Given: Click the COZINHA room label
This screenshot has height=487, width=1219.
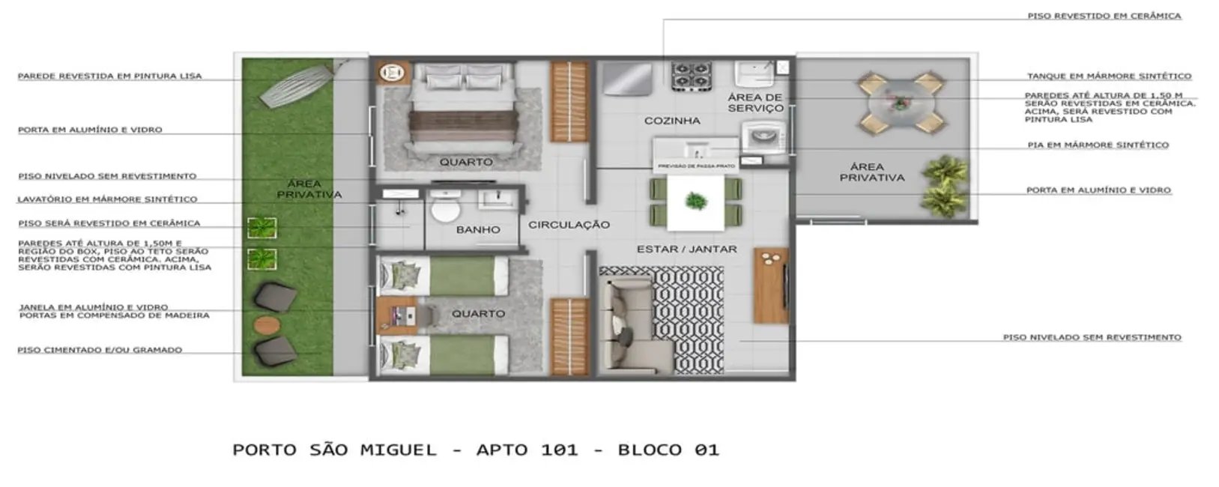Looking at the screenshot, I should point(672,121).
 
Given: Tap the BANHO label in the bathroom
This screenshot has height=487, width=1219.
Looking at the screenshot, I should point(478,230).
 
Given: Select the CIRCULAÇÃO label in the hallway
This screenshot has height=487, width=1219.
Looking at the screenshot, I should point(569,225).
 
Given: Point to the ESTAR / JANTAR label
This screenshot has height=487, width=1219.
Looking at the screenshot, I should point(686,249).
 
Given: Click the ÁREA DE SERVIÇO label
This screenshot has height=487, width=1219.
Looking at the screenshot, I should point(755,103).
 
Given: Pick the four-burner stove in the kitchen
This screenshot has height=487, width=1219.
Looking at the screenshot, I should point(691,76).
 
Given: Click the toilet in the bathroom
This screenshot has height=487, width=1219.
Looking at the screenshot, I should point(446,208).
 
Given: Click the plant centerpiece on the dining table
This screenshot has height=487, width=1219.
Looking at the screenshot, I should point(696,201).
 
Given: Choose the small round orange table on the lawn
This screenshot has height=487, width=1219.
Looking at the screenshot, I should point(266,325).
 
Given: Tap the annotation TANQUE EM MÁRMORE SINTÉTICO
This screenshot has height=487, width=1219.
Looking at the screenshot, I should point(1108,76).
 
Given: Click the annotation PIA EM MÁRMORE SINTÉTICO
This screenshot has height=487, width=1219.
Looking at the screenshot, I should point(1098,145).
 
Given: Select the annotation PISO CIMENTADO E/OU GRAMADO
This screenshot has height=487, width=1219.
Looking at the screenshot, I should point(100,350).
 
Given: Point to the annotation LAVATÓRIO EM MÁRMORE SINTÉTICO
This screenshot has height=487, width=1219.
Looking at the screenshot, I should point(107,199).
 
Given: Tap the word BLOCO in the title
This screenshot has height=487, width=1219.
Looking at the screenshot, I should point(650,450).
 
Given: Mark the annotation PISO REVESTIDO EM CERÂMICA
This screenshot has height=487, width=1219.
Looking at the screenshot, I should point(1104,16).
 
